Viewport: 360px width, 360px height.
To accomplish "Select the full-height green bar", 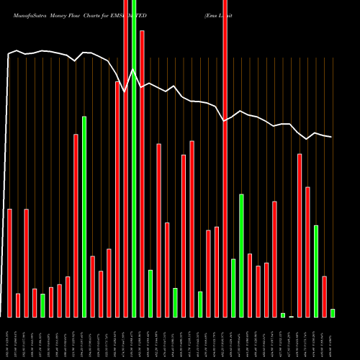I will pos(134,158).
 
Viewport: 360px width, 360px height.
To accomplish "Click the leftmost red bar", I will pos(9,263).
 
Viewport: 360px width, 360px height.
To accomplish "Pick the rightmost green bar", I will pos(333,313).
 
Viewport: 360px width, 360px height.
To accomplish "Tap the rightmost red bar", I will pos(324,297).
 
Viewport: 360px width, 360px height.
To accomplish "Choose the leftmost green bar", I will pos(42,305).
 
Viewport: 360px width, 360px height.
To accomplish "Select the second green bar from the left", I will pos(84,216).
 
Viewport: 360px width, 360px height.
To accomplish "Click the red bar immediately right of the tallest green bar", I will pos(142,173).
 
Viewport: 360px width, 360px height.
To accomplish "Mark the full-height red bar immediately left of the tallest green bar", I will pos(126,158).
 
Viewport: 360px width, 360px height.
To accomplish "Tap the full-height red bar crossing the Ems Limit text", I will pos(225,158).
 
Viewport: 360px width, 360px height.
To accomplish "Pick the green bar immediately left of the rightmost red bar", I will pos(316,271).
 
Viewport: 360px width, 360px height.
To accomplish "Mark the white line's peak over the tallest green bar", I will pos(133,69).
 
